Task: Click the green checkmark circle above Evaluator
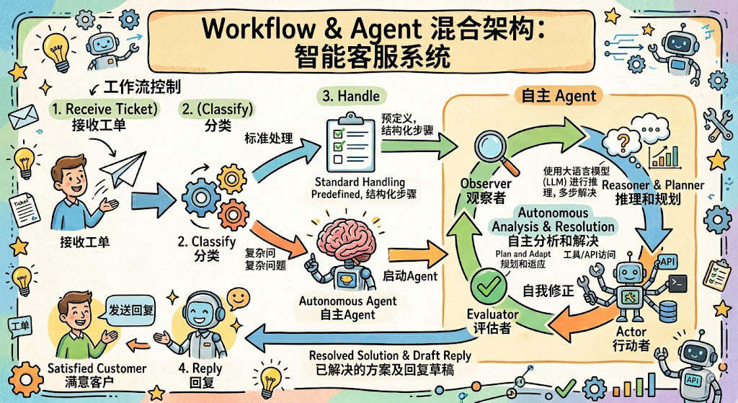[x=489, y=286]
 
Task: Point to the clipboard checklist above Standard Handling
[x=351, y=143]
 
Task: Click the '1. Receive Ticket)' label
[x=105, y=110]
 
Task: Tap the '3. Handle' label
[x=351, y=96]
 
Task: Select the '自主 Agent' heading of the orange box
[x=559, y=97]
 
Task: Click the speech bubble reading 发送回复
[x=131, y=310]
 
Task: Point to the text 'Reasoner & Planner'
[x=653, y=185]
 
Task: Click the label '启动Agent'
[x=410, y=276]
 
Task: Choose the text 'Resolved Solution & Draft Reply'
[x=390, y=355]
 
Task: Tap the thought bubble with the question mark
[x=623, y=141]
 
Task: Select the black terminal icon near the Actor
[x=677, y=283]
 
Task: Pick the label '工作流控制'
[x=142, y=87]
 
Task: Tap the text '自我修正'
[x=548, y=291]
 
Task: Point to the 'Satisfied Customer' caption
[x=97, y=368]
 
